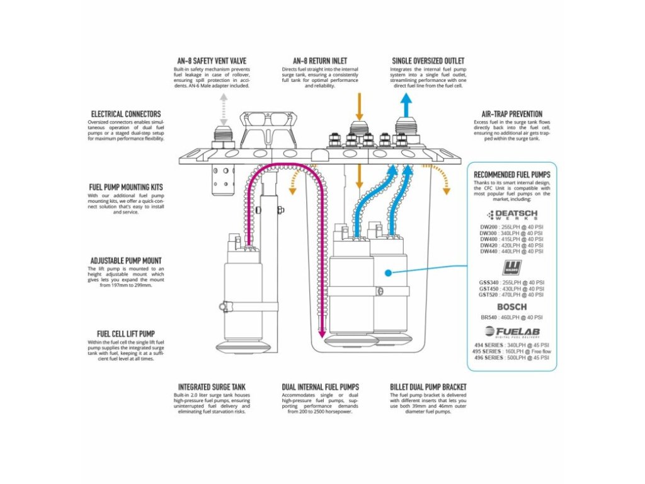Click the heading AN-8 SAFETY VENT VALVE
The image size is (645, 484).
[212, 61]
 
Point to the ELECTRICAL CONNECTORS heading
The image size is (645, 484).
[125, 114]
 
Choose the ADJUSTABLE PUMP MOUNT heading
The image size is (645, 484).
[125, 260]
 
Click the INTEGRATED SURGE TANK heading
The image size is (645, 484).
[212, 387]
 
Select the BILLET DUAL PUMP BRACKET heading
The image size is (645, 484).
[429, 387]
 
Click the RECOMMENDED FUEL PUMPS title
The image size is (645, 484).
[511, 174]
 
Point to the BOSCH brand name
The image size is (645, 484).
[511, 307]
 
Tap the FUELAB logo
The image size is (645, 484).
[511, 332]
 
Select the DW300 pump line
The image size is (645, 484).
[511, 233]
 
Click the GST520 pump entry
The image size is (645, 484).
[511, 294]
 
